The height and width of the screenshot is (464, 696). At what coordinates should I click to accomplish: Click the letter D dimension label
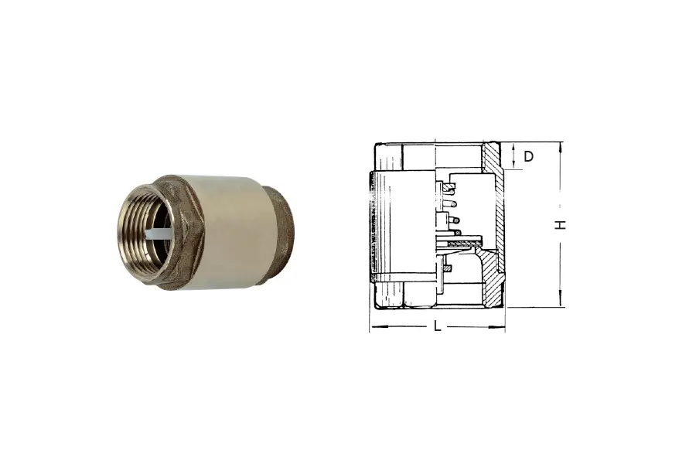tap(528, 156)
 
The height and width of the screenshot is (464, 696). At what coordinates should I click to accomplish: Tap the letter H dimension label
tap(561, 225)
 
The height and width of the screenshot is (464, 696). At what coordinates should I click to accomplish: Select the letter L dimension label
tap(438, 326)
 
